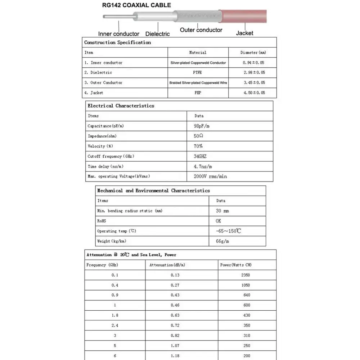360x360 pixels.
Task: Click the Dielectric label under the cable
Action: tap(157, 34)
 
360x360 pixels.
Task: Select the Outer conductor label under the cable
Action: tap(201, 30)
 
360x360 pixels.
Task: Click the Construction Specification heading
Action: tap(117, 42)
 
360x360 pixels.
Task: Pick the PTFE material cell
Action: tap(197, 72)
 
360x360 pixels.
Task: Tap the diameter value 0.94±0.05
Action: tap(253, 63)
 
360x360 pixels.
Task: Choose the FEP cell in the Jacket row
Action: tap(198, 93)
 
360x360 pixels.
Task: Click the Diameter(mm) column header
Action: tap(253, 53)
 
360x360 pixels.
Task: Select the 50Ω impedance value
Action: tap(198, 136)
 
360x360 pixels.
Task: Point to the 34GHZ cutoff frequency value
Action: tap(200, 156)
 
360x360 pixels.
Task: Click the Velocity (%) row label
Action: tap(100, 146)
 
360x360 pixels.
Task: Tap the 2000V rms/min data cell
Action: tap(211, 176)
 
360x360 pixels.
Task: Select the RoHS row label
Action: tap(102, 221)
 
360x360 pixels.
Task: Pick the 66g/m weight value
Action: tap(222, 241)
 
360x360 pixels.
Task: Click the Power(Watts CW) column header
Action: tap(236, 265)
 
